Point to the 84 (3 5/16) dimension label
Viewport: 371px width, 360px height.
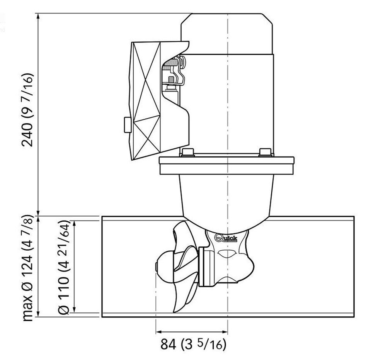[x=193, y=344]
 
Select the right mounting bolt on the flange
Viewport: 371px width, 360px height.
[x=265, y=152]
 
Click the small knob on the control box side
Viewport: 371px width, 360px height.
[x=127, y=125]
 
